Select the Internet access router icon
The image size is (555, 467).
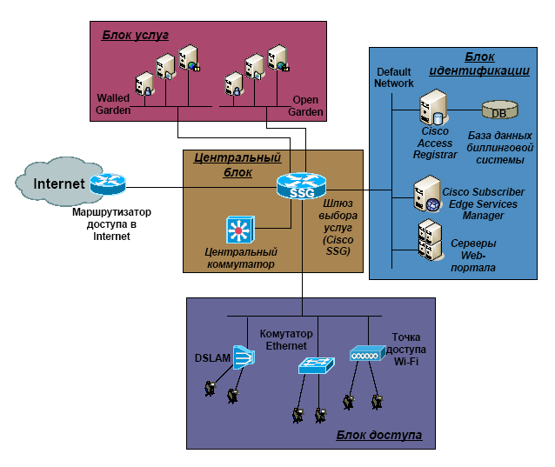pos(109,183)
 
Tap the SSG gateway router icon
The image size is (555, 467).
pos(301,185)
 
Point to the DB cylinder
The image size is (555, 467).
pos(498,111)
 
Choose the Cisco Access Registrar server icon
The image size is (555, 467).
pos(432,109)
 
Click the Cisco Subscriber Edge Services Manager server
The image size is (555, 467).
pos(426,194)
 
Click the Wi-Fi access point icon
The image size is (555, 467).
pos(366,354)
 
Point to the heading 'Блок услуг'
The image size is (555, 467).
pos(135,35)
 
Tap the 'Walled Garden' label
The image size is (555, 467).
pos(114,104)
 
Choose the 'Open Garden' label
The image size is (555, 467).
pos(306,106)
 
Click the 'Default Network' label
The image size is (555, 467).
pos(394,77)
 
